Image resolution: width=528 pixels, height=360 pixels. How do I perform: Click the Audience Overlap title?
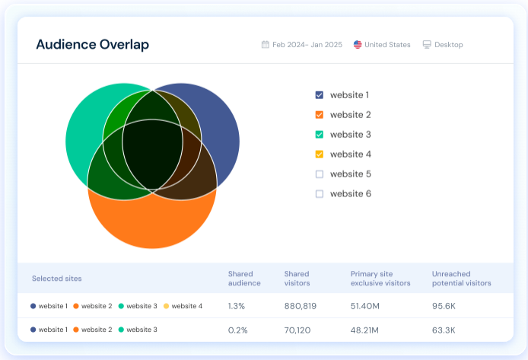pyautogui.click(x=92, y=44)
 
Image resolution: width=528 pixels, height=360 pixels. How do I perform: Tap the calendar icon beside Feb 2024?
pyautogui.click(x=265, y=45)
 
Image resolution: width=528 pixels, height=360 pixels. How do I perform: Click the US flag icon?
pyautogui.click(x=358, y=45)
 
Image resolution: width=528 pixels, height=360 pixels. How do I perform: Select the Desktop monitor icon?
pyautogui.click(x=427, y=45)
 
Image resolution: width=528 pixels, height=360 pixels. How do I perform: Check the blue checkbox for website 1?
pyautogui.click(x=320, y=95)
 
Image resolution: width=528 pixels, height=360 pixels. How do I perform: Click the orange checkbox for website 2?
pyautogui.click(x=320, y=115)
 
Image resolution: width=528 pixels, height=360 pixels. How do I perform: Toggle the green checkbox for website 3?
pyautogui.click(x=320, y=135)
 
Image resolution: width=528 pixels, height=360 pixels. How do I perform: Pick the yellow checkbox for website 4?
pyautogui.click(x=320, y=155)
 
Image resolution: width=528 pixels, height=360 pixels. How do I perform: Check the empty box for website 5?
pyautogui.click(x=320, y=174)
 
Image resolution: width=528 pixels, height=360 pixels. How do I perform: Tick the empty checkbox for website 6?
pyautogui.click(x=320, y=194)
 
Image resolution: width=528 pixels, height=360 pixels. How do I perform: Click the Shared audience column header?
pyautogui.click(x=244, y=279)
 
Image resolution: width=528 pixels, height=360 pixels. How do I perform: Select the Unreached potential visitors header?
pyautogui.click(x=461, y=279)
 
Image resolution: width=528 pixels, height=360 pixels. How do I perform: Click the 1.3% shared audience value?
pyautogui.click(x=237, y=306)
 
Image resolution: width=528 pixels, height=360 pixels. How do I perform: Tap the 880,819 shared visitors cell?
pyautogui.click(x=301, y=306)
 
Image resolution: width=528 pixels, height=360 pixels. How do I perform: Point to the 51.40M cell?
pyautogui.click(x=366, y=306)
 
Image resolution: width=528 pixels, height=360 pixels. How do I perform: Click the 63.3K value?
pyautogui.click(x=444, y=330)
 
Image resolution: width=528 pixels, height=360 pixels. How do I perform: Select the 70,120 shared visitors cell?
pyautogui.click(x=298, y=330)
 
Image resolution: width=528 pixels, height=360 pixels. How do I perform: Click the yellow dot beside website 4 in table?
pyautogui.click(x=167, y=306)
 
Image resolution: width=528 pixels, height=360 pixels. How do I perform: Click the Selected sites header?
pyautogui.click(x=56, y=279)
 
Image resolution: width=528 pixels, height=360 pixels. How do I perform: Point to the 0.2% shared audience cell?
pyautogui.click(x=237, y=330)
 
